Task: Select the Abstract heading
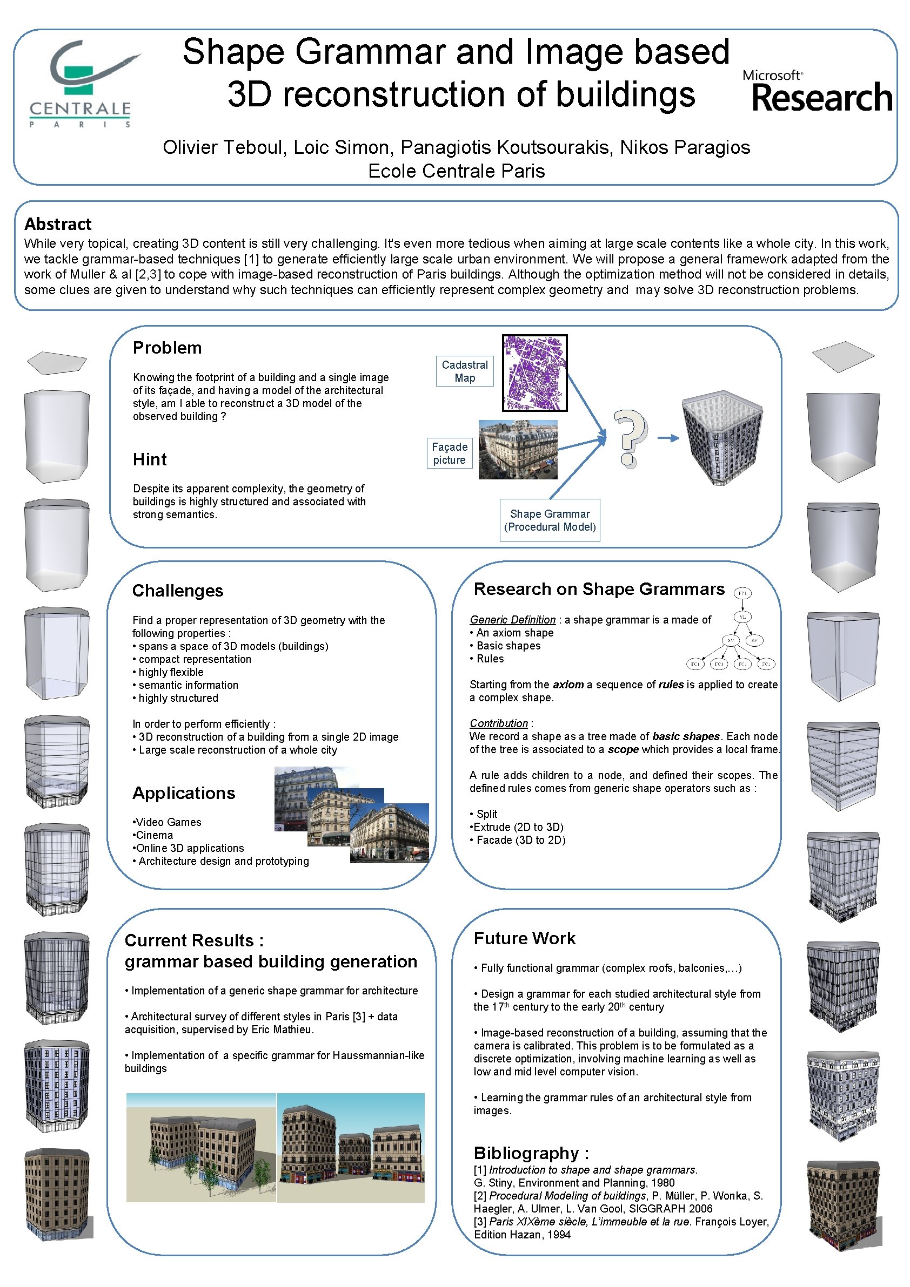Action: pos(58,224)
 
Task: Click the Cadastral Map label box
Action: pos(465,371)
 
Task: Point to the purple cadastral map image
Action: pos(534,372)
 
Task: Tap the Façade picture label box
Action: pos(450,453)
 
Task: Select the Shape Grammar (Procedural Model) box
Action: pos(549,520)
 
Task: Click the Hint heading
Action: pos(150,459)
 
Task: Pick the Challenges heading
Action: pos(177,590)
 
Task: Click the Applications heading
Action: pos(183,792)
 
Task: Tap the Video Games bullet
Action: pos(168,822)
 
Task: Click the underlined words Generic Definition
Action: pos(512,619)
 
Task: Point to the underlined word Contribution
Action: pos(498,723)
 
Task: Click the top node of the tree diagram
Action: pos(742,593)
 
